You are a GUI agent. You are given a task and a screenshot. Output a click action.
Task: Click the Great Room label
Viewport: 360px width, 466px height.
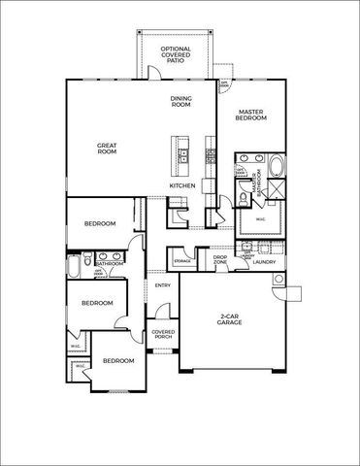(x=107, y=149)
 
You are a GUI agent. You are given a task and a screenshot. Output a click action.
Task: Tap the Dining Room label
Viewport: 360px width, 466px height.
(x=181, y=101)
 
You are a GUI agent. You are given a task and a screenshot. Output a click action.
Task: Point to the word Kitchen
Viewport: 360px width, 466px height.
(x=182, y=184)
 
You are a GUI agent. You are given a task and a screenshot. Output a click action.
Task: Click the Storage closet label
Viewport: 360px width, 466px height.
(x=182, y=262)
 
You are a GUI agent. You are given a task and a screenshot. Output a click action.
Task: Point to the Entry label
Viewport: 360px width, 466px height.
(x=163, y=285)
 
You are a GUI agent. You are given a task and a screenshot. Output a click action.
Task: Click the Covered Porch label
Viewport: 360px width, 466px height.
(x=163, y=336)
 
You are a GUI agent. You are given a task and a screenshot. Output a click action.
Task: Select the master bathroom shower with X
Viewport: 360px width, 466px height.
(x=274, y=190)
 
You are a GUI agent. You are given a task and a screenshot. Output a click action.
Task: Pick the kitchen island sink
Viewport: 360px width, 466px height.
(x=180, y=151)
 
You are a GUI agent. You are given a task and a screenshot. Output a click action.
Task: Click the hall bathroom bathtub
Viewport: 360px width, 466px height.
(x=74, y=262)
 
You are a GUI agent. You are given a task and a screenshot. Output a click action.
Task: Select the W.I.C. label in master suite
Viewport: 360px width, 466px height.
(x=260, y=218)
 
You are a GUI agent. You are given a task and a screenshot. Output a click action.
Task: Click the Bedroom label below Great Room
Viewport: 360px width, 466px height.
(x=100, y=224)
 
